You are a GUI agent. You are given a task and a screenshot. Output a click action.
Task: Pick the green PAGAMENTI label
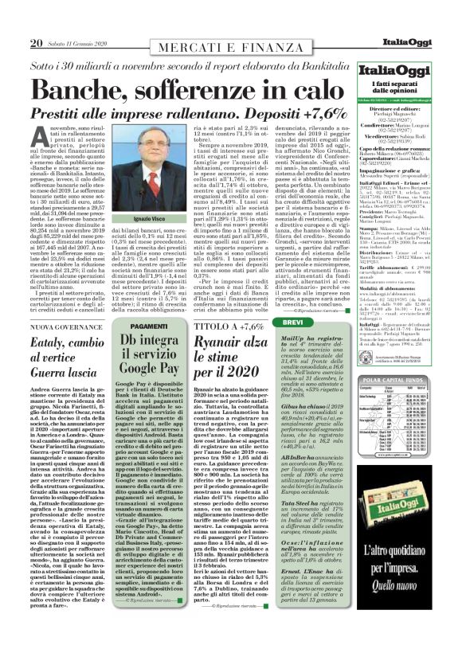(x=148, y=326)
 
